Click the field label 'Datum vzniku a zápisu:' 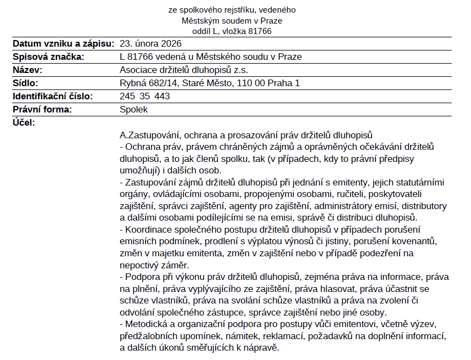63,43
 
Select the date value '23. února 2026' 150,43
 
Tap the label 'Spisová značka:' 48,57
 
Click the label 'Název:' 27,70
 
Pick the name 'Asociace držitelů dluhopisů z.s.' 183,70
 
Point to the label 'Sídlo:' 26,83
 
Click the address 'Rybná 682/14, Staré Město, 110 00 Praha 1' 210,83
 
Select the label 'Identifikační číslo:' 53,96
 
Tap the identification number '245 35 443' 145,96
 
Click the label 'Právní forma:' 42,109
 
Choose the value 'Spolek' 134,109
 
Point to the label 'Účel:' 24,122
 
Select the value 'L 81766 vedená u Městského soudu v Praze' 211,57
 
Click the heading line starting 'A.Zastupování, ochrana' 246,134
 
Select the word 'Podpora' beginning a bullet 141,276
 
